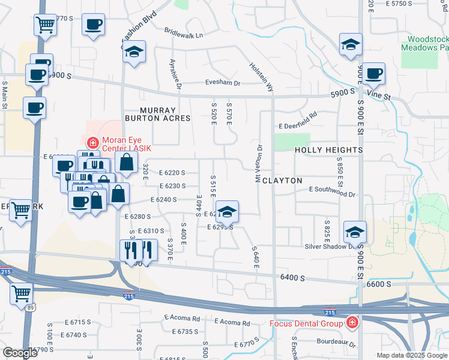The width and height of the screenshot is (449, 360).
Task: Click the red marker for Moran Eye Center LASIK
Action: [92, 143]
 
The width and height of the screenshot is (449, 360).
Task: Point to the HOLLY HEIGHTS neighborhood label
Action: [329, 149]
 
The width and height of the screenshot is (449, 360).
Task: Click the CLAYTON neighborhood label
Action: [282, 180]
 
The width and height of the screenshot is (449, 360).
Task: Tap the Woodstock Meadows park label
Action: [424, 43]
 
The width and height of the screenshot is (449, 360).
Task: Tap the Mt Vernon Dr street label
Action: [259, 163]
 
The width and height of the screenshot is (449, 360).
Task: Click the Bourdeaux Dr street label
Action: [336, 345]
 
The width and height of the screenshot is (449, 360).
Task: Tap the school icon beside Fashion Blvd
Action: [135, 52]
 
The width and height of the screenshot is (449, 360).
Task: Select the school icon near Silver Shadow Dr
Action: [355, 232]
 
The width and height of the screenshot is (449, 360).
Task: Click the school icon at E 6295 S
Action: [227, 211]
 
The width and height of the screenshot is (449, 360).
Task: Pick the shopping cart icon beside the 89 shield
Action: [21, 293]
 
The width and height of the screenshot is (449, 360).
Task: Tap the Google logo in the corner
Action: [20, 353]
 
